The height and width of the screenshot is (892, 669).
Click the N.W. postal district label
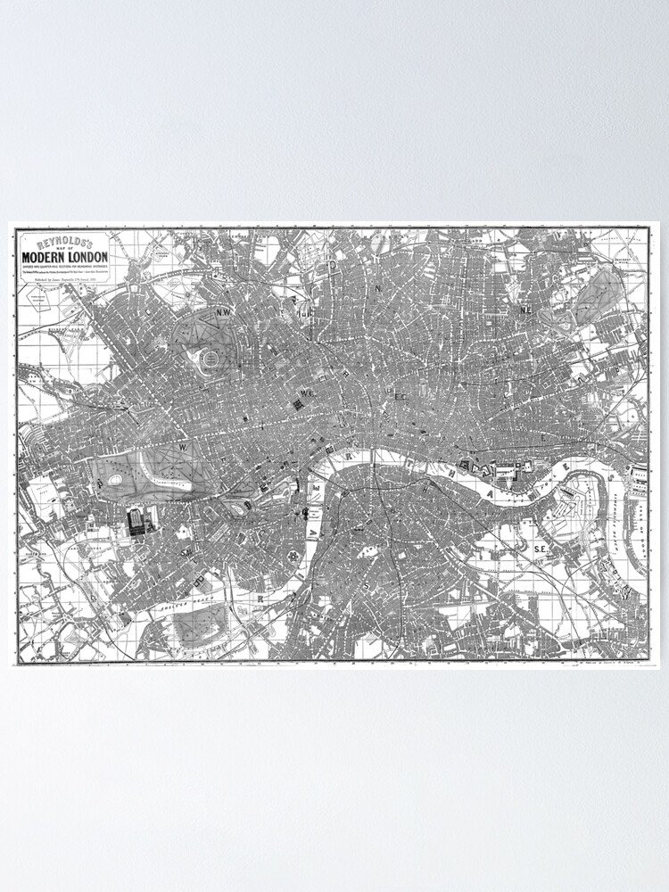point(222,312)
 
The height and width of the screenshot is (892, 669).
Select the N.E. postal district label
point(526,310)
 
